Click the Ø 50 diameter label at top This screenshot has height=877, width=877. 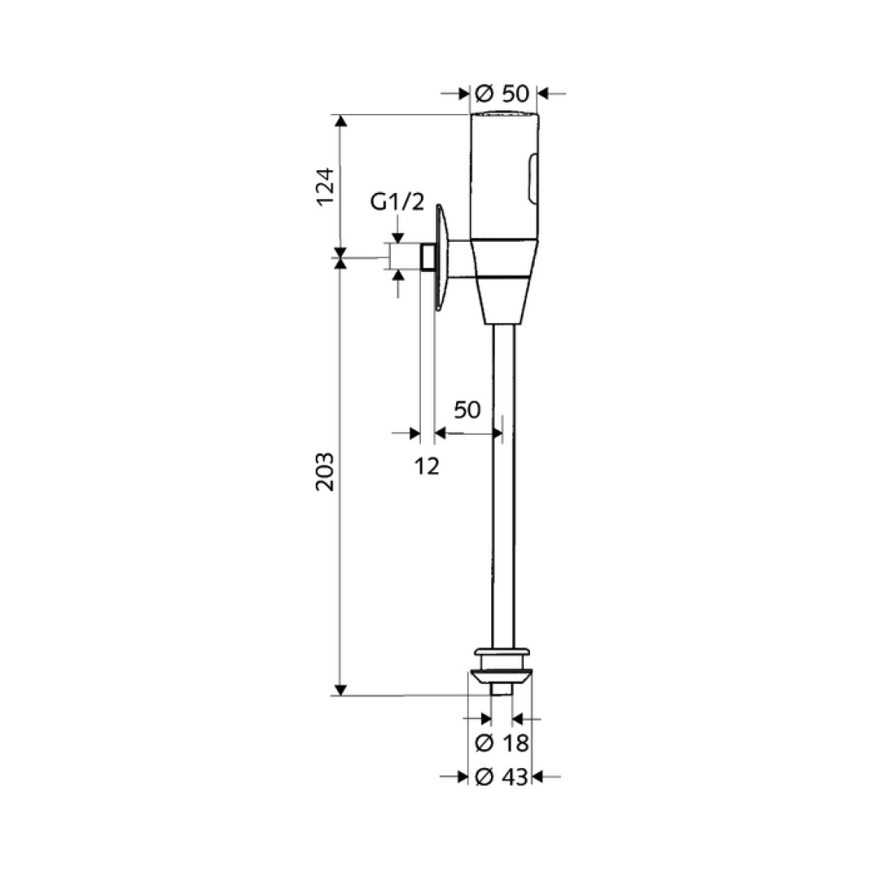tap(501, 94)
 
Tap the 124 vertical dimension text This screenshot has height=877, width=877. tap(325, 188)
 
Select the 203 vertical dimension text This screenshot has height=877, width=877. tap(325, 472)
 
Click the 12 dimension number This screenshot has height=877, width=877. tap(427, 466)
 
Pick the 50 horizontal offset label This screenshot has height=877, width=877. tap(467, 410)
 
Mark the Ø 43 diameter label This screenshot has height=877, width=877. tap(501, 789)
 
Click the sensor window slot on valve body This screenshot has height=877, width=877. tap(532, 178)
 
